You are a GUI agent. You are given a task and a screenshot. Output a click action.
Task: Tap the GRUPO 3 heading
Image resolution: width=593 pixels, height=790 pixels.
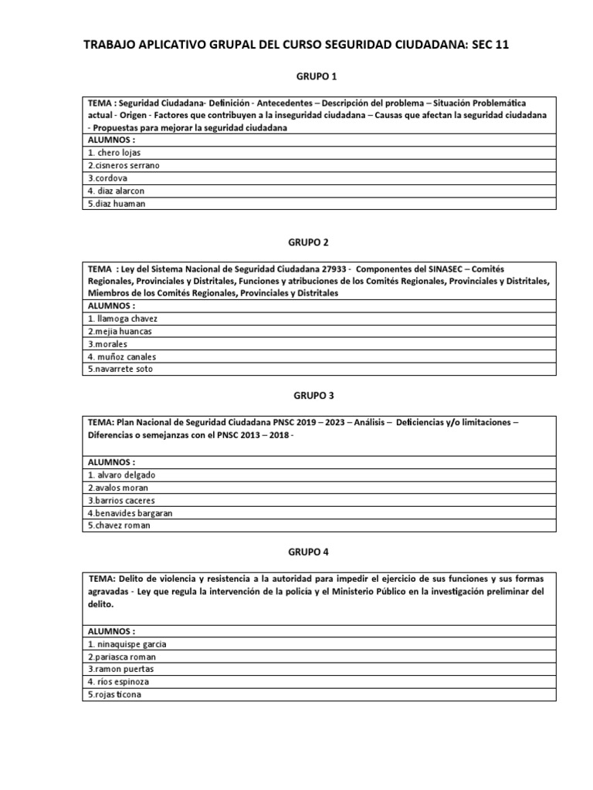pos(315,396)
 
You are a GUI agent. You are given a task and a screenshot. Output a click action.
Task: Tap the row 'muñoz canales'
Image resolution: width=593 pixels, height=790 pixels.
pos(122,356)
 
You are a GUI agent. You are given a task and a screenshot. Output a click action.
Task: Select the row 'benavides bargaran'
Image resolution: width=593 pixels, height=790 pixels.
pos(130,512)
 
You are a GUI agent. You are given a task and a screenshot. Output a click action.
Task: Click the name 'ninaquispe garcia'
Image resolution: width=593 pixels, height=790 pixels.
pos(127,643)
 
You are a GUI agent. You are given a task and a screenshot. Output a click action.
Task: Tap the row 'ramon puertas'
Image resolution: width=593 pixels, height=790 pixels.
pos(121,669)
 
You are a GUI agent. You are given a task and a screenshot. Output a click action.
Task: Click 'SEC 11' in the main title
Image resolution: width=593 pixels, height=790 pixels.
pos(489,46)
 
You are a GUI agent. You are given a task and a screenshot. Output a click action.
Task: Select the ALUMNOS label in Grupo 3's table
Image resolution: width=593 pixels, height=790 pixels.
pos(112,461)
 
